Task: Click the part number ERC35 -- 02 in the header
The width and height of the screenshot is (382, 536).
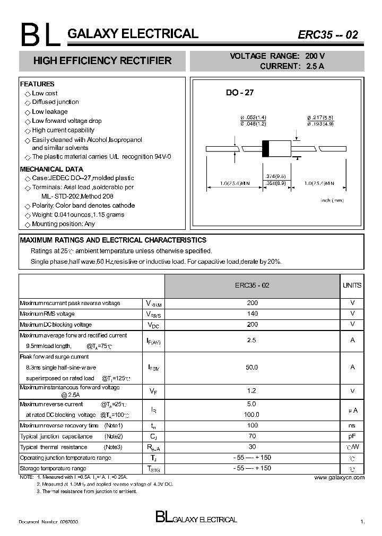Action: click(x=328, y=35)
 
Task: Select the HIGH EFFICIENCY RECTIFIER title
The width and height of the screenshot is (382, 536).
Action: click(x=102, y=61)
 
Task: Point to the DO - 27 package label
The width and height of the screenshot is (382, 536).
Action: click(x=240, y=93)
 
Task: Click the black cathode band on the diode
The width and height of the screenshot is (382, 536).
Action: click(x=268, y=147)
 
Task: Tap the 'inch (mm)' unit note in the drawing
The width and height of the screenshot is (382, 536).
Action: click(x=332, y=200)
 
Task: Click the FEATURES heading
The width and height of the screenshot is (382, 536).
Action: click(x=37, y=84)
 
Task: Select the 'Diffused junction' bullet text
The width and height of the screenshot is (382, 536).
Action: click(x=55, y=102)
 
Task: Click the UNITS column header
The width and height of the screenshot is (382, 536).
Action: click(x=352, y=285)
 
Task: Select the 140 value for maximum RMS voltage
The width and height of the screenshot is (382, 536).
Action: click(x=253, y=314)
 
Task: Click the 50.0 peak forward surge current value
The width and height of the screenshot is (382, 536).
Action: click(x=253, y=367)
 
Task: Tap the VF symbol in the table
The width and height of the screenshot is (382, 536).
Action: click(x=153, y=391)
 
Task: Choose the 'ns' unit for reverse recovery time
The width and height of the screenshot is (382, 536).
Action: click(x=352, y=426)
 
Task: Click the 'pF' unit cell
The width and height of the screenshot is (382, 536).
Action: click(x=352, y=436)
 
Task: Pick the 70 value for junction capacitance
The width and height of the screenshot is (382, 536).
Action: click(x=253, y=436)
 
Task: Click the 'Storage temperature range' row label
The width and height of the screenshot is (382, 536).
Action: click(x=53, y=469)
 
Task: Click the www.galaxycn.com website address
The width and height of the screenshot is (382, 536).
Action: click(x=339, y=478)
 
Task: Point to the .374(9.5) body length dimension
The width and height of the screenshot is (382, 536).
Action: click(x=275, y=176)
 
